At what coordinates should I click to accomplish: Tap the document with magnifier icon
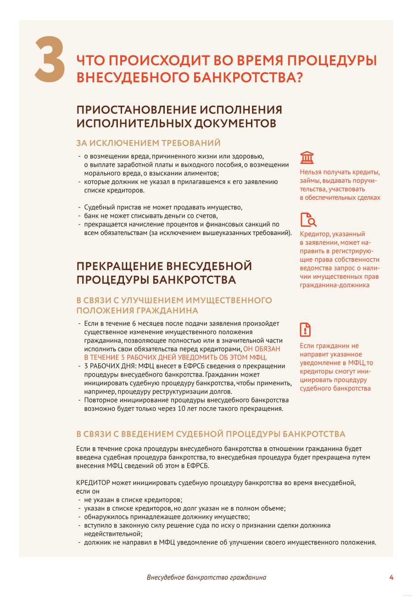click(x=308, y=220)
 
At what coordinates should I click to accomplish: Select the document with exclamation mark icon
click(x=305, y=329)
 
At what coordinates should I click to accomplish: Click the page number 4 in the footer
click(x=391, y=577)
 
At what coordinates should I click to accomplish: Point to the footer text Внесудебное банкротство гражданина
click(x=206, y=578)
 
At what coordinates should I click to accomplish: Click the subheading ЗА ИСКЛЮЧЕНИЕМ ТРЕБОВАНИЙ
click(x=148, y=143)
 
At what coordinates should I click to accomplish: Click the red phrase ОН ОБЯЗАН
click(x=261, y=349)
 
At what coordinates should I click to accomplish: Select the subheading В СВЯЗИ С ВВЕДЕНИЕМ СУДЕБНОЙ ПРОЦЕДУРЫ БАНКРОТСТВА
click(x=211, y=434)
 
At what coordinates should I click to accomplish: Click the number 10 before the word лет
click(x=204, y=409)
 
